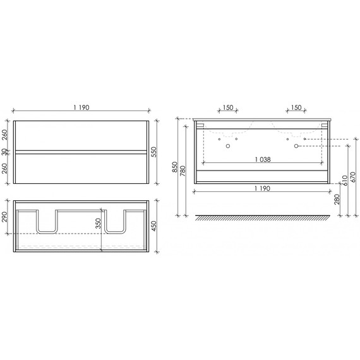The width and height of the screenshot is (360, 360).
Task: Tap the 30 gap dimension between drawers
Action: click(5, 151)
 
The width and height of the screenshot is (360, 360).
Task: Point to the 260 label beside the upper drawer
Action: click(5, 134)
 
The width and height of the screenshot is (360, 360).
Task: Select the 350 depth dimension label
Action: click(98, 225)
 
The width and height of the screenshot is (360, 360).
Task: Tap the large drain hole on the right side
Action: click(296, 147)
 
